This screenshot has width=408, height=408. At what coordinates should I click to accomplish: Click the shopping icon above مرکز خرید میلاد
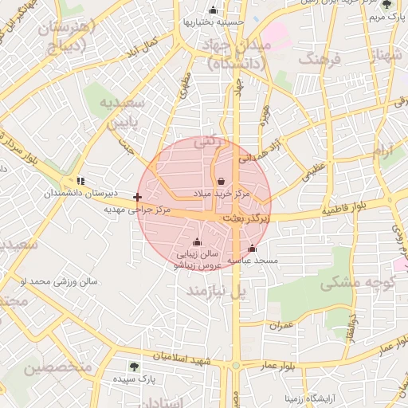click(220, 182)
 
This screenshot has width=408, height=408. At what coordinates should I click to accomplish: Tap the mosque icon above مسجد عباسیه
click(253, 249)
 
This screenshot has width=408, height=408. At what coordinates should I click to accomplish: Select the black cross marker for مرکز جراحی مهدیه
click(138, 197)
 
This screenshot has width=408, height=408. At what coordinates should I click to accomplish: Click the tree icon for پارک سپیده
click(134, 367)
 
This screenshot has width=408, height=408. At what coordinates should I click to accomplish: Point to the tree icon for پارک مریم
click(386, 4)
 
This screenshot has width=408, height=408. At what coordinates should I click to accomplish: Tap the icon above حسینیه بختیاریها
click(213, 10)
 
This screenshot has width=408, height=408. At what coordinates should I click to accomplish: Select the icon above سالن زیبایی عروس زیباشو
click(197, 242)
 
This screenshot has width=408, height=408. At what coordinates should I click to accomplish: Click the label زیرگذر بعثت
click(245, 217)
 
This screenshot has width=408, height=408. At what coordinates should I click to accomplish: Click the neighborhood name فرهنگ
click(317, 60)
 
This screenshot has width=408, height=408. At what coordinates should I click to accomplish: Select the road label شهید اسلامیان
click(186, 359)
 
